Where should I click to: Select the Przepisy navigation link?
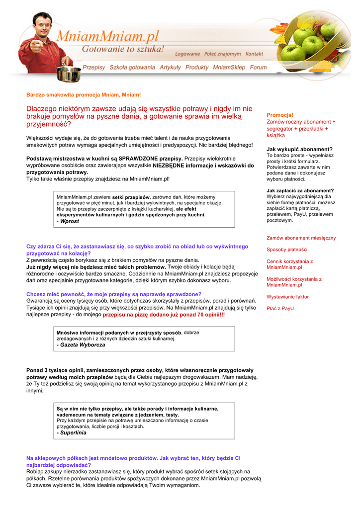[x=94, y=67]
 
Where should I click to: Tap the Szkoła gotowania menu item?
[x=132, y=67]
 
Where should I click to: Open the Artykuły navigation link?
[x=170, y=67]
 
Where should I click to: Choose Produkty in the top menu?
[x=197, y=67]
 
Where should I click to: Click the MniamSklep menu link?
[x=229, y=67]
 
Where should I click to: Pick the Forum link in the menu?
[x=259, y=67]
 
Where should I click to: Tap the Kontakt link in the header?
[x=254, y=54]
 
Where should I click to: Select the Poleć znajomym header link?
[x=222, y=54]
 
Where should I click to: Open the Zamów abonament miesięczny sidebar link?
[x=301, y=238]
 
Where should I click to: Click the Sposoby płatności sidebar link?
[x=287, y=250]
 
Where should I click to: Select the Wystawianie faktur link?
[x=287, y=297]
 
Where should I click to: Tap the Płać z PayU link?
[x=280, y=309]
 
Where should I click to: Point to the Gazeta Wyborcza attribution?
[x=82, y=344]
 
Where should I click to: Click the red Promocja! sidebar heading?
[x=280, y=115]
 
